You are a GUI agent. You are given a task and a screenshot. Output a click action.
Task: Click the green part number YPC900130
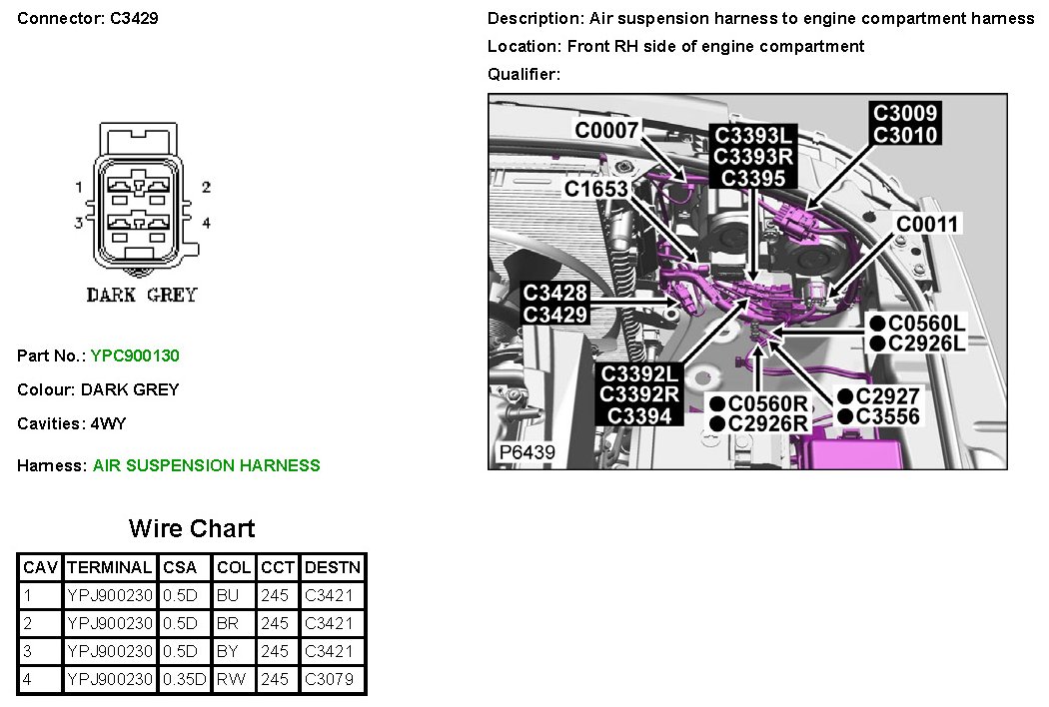135,355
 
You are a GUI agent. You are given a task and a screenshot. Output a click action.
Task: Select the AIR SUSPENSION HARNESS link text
207,465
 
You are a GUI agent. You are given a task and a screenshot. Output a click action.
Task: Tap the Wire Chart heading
192,528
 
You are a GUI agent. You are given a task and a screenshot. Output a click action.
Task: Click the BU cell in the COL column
227,596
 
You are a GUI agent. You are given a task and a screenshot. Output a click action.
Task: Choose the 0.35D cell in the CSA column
184,680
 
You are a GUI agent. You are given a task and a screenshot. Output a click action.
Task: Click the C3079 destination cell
330,680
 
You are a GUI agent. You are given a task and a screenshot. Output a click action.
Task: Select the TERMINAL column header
110,567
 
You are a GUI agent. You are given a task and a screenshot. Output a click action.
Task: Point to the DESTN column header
333,567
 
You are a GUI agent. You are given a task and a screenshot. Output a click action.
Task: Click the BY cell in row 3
227,652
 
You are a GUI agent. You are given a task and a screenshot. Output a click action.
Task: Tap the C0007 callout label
605,130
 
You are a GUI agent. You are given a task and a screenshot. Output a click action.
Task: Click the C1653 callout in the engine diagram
595,189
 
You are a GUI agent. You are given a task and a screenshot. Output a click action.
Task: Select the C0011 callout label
927,224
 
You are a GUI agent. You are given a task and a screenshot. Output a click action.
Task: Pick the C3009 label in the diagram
904,113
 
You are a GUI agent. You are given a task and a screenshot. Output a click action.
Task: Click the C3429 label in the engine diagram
555,314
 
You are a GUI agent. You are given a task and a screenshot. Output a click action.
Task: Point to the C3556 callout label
888,416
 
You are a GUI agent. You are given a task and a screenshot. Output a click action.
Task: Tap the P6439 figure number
526,453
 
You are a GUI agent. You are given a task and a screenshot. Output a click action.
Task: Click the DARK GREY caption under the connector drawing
142,296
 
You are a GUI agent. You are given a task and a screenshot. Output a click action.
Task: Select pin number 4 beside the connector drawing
206,223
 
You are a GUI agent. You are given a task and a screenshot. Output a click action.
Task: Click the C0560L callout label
927,323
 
